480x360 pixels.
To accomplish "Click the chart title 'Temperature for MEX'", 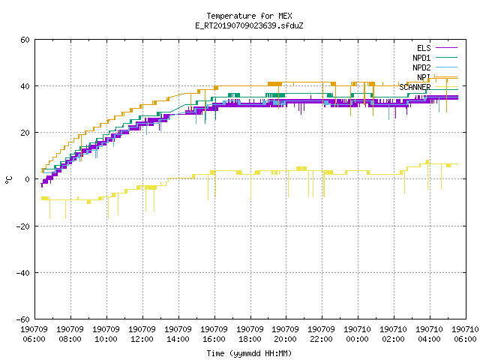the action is point(249,16).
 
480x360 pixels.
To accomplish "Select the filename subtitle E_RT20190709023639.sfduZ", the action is point(249,25).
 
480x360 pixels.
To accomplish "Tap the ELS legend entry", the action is point(424,48).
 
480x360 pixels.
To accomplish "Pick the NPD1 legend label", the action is point(421,58).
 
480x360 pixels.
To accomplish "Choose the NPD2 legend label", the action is point(421,67).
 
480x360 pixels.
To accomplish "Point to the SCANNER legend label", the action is point(415,87).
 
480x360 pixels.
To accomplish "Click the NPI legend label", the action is point(424,77).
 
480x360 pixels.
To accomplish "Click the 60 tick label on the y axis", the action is point(25,40).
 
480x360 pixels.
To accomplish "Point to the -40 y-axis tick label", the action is point(23,273).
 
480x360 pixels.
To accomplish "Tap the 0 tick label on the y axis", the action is point(28,179).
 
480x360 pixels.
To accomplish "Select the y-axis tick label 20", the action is point(25,133).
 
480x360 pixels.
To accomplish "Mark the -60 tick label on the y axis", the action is point(23,319).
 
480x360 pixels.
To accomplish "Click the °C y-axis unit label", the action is point(8,180).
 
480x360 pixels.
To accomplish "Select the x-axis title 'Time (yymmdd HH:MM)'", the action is point(249,353).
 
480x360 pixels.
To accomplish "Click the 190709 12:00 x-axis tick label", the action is point(142,334).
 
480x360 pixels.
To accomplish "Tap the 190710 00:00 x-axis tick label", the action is point(357,334).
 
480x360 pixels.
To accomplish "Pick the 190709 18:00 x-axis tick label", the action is point(250,334).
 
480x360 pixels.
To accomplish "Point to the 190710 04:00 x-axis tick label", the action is point(429,334).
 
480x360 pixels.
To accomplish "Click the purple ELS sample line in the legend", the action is point(447,48).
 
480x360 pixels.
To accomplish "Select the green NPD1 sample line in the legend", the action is point(447,58).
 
